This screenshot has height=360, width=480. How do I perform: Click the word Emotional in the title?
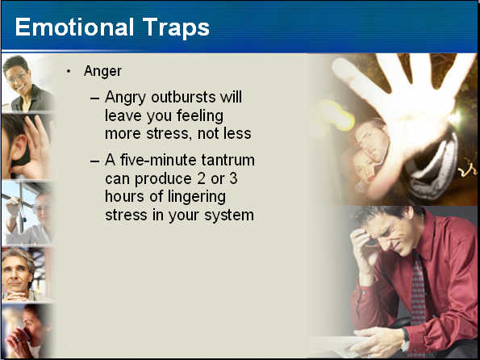[74, 27]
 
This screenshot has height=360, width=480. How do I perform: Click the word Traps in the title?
[176, 28]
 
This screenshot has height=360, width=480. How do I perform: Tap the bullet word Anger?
[103, 72]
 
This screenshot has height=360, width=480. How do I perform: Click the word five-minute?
[159, 160]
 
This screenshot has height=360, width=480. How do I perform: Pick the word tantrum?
[228, 161]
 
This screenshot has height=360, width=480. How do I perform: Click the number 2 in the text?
[201, 178]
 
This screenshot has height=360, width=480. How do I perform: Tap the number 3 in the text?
[233, 178]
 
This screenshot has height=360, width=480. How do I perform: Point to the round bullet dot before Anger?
[69, 72]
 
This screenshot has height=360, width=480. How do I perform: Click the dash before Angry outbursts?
[95, 98]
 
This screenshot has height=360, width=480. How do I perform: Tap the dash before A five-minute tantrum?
[95, 161]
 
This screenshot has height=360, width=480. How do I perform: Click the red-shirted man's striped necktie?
[418, 291]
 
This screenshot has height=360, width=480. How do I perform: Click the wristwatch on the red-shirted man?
[405, 341]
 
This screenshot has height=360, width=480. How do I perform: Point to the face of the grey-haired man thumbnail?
[16, 274]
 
